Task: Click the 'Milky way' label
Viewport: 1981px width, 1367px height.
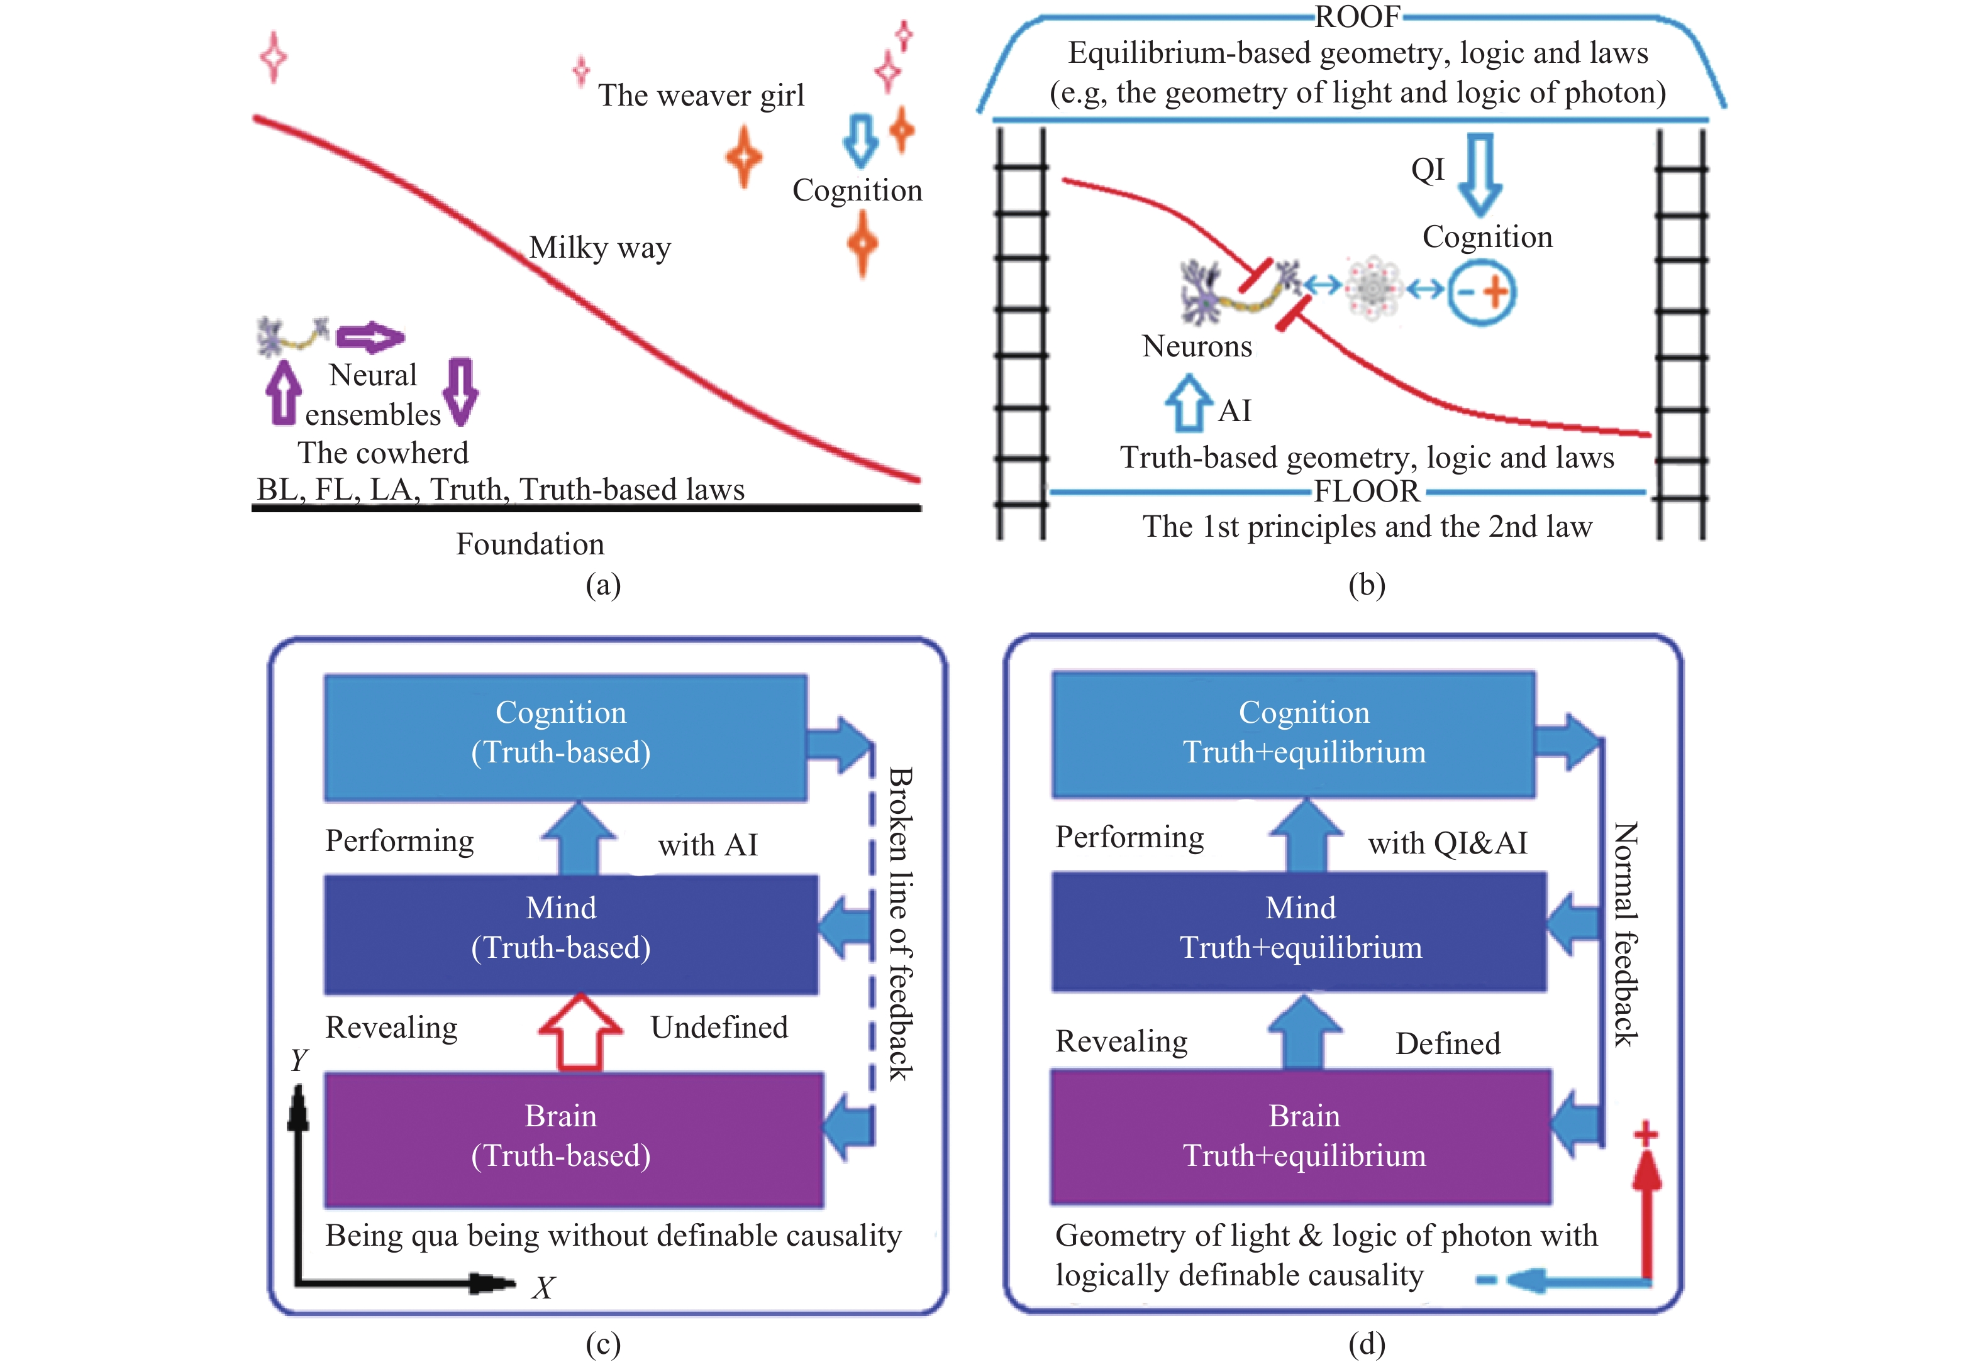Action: [600, 248]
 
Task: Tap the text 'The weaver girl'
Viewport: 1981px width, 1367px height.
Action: [701, 95]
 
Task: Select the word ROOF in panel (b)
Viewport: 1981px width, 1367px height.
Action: [1357, 16]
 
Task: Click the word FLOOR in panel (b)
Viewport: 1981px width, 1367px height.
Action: [1367, 491]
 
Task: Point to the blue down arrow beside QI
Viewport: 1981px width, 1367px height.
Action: [1480, 174]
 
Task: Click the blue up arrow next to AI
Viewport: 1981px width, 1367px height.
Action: [1187, 403]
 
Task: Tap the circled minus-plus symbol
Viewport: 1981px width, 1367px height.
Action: [1482, 292]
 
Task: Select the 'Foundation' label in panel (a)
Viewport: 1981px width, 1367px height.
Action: [530, 544]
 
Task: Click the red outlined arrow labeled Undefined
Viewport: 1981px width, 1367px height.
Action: [580, 1032]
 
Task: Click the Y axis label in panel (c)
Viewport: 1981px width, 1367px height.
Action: [298, 1060]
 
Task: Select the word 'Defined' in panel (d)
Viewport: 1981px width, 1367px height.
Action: [1448, 1043]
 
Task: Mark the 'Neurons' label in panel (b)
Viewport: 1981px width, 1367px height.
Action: [1197, 346]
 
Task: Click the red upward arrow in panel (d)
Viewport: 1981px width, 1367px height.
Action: [1646, 1216]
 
